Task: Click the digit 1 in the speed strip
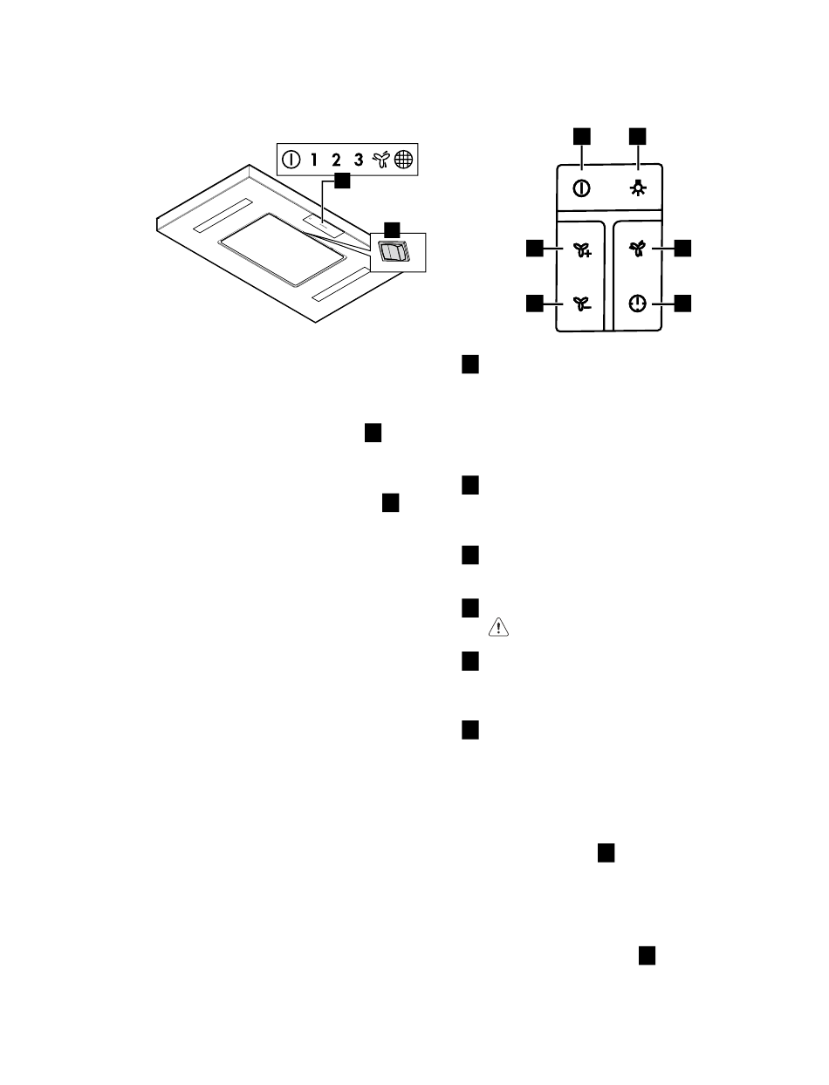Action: coord(313,160)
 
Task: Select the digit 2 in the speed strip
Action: coord(336,160)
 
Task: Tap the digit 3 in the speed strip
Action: coord(358,160)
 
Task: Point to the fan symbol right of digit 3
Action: coord(380,160)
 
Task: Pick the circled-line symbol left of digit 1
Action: coord(291,160)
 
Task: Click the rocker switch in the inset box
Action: coord(394,253)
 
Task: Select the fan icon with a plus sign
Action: coord(581,251)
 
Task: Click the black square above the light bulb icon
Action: coord(639,135)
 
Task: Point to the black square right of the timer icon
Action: coord(684,304)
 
